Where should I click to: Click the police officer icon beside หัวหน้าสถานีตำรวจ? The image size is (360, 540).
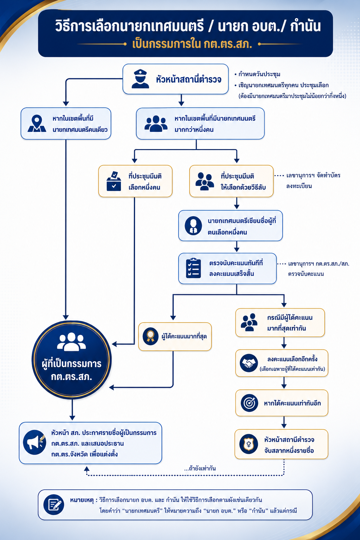click(x=140, y=79)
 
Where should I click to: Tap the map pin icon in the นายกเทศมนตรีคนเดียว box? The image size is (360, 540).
click(x=37, y=123)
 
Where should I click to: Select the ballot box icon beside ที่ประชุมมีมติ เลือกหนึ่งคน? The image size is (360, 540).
click(x=114, y=181)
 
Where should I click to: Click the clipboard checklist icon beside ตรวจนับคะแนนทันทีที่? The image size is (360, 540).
click(x=193, y=268)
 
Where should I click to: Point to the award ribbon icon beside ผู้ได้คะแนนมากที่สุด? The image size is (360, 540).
click(x=150, y=336)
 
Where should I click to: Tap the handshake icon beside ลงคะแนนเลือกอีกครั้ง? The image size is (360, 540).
click(x=249, y=363)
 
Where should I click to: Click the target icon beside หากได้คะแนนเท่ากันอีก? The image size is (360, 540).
click(x=249, y=403)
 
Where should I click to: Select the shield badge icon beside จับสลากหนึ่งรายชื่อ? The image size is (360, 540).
click(x=249, y=444)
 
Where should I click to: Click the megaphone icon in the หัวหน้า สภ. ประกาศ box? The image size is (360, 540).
click(x=35, y=442)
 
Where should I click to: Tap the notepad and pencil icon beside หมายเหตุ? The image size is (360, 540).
click(x=54, y=504)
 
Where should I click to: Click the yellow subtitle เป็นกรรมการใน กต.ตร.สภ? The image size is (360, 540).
click(x=192, y=44)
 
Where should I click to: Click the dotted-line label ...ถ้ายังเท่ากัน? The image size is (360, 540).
click(x=200, y=468)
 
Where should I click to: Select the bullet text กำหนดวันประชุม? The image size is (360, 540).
click(x=259, y=74)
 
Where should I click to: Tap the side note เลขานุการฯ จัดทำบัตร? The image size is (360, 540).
click(x=313, y=175)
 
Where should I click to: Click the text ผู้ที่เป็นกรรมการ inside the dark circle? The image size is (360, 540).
click(x=72, y=364)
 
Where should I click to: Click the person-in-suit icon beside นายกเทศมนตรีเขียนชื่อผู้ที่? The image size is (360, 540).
click(x=193, y=225)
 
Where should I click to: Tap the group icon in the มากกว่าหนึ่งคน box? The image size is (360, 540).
click(x=156, y=123)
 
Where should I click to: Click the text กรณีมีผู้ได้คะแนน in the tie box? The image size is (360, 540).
click(x=290, y=317)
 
